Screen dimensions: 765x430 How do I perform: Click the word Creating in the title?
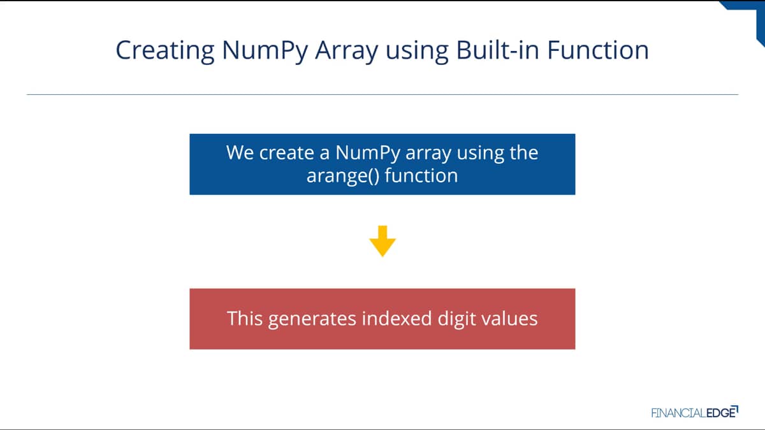click(x=165, y=50)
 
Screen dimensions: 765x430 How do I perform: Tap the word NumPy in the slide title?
click(x=265, y=51)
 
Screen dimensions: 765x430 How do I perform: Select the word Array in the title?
click(x=347, y=51)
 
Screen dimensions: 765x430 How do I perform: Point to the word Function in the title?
click(x=598, y=50)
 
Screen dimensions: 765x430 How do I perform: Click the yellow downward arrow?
click(x=382, y=241)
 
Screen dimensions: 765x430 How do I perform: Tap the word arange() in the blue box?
click(x=343, y=176)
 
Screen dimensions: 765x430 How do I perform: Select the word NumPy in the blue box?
click(x=368, y=153)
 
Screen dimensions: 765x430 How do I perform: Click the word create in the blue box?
click(x=286, y=152)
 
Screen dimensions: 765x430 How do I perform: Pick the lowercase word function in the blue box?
click(x=421, y=175)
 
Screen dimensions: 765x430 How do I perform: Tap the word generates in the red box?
click(x=312, y=319)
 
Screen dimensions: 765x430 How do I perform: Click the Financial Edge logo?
click(x=695, y=412)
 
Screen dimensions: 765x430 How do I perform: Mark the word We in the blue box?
click(x=240, y=152)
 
